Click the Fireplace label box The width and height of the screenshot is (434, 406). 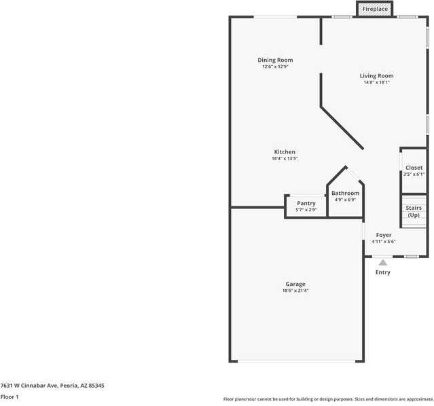(375, 9)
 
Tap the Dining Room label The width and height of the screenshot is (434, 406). (275, 60)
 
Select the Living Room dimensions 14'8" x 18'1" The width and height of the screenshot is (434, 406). (376, 82)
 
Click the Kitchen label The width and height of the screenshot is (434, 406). (285, 151)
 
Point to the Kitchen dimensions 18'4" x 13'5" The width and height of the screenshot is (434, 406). (285, 158)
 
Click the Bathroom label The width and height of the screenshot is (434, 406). (345, 193)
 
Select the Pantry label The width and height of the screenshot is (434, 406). (306, 203)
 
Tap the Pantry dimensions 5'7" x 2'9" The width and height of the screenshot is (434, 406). (306, 210)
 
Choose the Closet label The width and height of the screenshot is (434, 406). (414, 167)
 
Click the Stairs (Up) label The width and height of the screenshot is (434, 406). (414, 211)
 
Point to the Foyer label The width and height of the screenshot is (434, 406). (384, 235)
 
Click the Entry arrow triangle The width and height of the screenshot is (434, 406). (383, 262)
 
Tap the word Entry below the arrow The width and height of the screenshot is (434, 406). (383, 272)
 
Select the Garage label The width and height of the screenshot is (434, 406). (295, 284)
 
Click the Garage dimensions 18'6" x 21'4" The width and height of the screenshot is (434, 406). (295, 291)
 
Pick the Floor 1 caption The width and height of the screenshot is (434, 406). (10, 396)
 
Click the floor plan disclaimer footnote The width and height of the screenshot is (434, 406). (328, 399)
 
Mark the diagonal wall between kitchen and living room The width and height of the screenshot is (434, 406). (342, 127)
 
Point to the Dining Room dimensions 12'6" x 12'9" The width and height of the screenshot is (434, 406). (275, 67)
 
